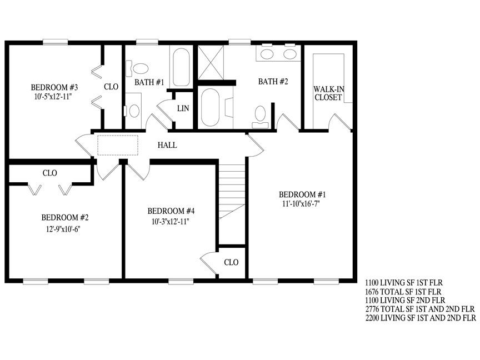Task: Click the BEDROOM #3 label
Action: (54, 88)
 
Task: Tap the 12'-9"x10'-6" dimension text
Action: (63, 229)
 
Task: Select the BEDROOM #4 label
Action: (171, 211)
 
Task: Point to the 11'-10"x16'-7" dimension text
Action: (301, 204)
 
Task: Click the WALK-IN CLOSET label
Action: (328, 93)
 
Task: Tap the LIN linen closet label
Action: (183, 108)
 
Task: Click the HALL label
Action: (167, 145)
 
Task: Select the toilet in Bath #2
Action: (260, 117)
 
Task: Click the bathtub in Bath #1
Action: (181, 67)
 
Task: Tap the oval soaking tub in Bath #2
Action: (211, 107)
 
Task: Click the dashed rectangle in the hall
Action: (118, 146)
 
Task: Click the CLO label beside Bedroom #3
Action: (111, 87)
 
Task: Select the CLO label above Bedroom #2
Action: (49, 173)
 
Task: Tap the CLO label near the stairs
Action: (231, 262)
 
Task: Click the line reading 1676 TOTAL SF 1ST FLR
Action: (403, 292)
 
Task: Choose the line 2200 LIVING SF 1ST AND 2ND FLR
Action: (421, 318)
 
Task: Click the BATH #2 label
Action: (273, 82)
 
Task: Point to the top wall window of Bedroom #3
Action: (56, 42)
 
